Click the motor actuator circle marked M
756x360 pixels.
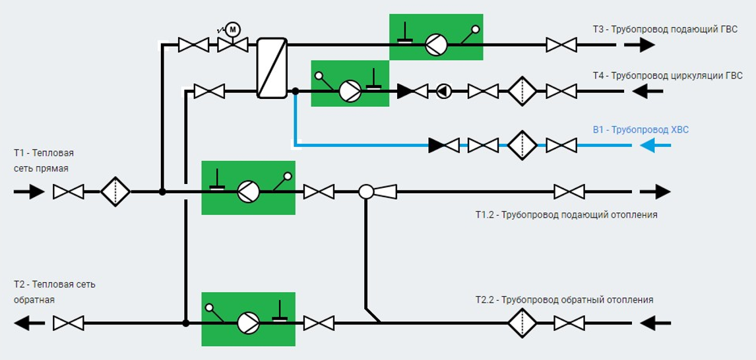click(233, 30)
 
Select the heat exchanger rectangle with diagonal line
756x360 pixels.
click(272, 68)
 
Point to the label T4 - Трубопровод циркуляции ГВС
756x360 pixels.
click(668, 76)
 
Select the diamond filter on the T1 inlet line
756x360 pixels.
click(115, 192)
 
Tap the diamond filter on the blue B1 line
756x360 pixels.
click(522, 145)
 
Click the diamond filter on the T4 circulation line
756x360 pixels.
click(522, 91)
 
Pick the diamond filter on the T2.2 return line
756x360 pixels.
click(522, 323)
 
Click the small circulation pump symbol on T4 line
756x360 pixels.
click(444, 91)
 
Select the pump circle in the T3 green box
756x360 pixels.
click(436, 45)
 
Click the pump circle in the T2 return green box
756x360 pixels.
click(248, 323)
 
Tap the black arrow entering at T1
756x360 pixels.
click(29, 192)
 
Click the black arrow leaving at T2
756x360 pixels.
click(29, 323)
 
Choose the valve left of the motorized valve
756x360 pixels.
click(193, 45)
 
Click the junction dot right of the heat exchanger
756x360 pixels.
click(296, 91)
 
